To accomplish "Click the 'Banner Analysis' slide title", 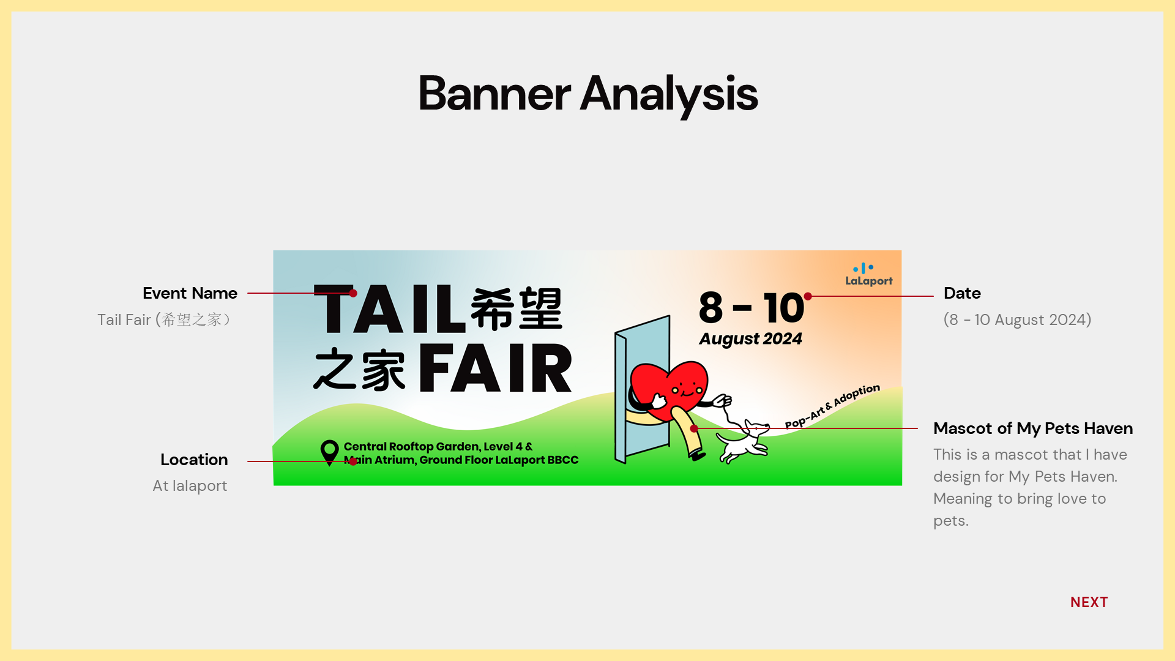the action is click(587, 94).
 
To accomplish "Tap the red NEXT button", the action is click(1089, 602).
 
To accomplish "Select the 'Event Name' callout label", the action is click(190, 293).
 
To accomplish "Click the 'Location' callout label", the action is click(194, 460).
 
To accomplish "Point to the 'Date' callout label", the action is click(962, 293).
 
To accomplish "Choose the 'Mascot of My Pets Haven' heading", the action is click(1033, 428).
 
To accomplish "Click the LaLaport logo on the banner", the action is click(868, 275).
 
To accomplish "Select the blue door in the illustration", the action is click(643, 389).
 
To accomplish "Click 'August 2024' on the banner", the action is click(750, 339).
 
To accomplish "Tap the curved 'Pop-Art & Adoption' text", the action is click(832, 406).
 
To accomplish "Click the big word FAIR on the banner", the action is click(495, 368).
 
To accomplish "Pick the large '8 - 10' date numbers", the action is click(751, 307).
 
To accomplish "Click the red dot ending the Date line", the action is click(808, 296).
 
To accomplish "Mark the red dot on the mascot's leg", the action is click(694, 428).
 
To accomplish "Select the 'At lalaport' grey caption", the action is click(190, 486).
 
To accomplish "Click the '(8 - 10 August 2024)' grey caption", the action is click(1017, 319).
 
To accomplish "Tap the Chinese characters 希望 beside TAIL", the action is click(517, 309).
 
